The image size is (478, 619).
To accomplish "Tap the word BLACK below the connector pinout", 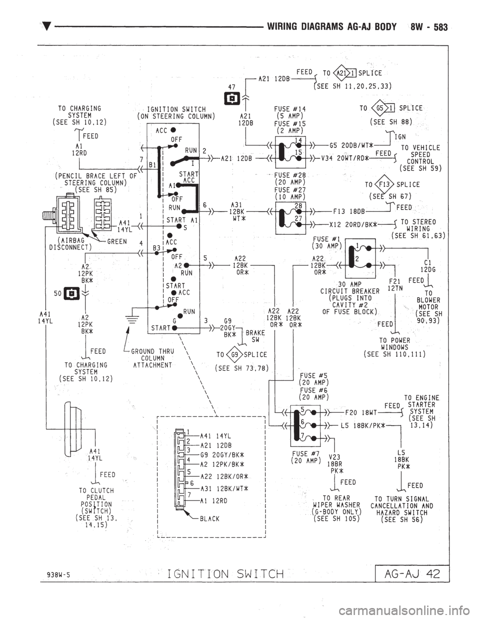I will pyautogui.click(x=210, y=519).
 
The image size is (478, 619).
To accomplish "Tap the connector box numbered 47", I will pyautogui.click(x=232, y=97).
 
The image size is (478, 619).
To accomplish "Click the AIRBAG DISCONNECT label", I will pyautogui.click(x=71, y=243).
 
